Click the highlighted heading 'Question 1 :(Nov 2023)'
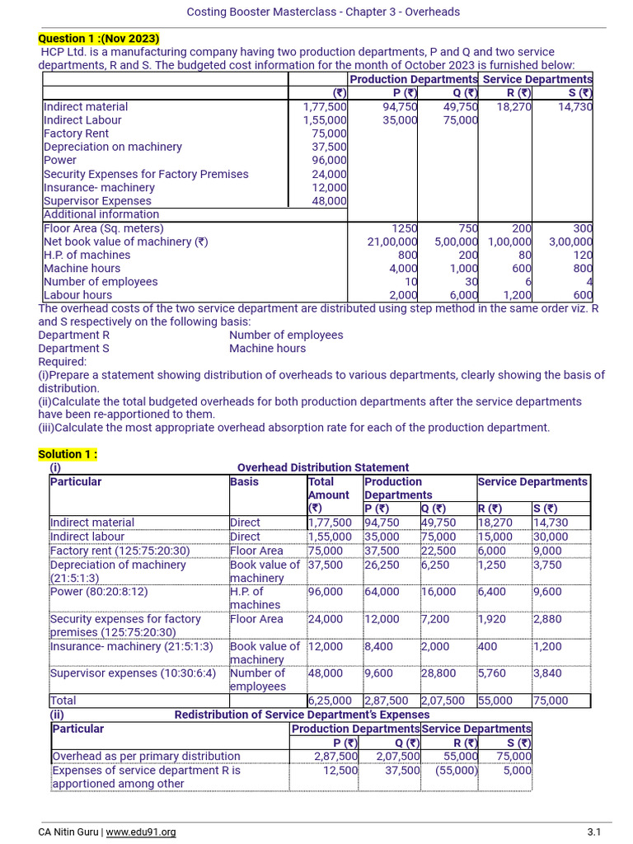click(x=99, y=39)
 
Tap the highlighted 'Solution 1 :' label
click(x=68, y=454)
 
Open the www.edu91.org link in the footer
click(x=141, y=832)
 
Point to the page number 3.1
click(x=594, y=832)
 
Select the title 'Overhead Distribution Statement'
click(x=323, y=467)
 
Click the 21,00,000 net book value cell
click(x=392, y=241)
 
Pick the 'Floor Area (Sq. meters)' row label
click(x=103, y=228)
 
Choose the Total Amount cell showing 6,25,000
click(x=330, y=701)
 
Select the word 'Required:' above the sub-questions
click(x=62, y=362)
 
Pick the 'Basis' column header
click(x=244, y=482)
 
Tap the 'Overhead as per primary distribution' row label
click(x=146, y=756)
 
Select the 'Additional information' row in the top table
click(x=101, y=214)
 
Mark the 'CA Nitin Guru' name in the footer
click(x=69, y=832)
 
